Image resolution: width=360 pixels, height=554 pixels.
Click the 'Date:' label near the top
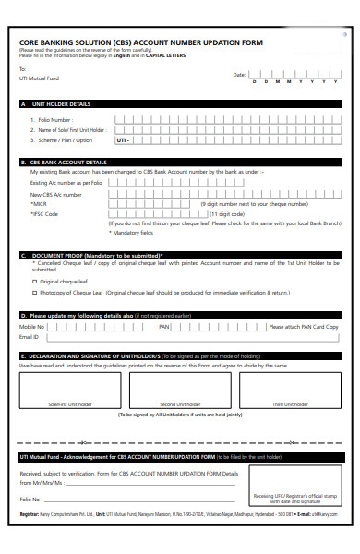click(x=239, y=73)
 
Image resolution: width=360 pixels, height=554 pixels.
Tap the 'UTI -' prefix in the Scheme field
click(x=123, y=140)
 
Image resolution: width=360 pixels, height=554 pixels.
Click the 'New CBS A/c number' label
click(x=54, y=194)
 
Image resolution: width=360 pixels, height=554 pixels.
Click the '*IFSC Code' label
click(x=44, y=213)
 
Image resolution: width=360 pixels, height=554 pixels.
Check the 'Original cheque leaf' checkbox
click(x=35, y=281)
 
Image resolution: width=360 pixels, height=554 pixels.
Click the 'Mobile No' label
click(x=32, y=327)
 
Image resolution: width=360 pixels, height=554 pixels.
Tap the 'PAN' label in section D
click(x=163, y=327)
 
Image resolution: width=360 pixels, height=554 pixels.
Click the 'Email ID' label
click(x=30, y=337)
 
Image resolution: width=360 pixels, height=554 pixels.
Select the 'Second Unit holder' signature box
click(x=181, y=388)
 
